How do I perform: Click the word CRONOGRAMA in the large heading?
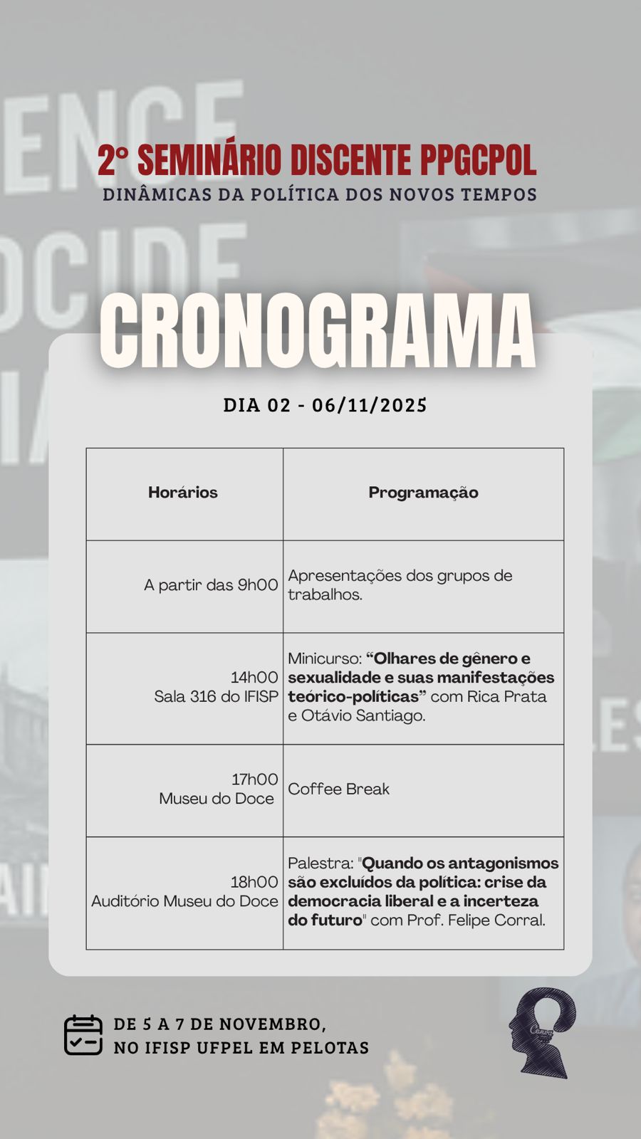(317, 331)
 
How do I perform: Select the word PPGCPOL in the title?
(477, 160)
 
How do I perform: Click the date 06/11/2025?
(370, 406)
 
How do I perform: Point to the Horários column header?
(183, 493)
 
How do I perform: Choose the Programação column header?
(423, 493)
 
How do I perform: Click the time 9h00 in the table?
(257, 585)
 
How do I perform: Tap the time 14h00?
(254, 678)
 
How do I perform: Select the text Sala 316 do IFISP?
(216, 697)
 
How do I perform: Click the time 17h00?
(254, 780)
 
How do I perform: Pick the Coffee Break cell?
(339, 789)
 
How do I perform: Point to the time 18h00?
(254, 882)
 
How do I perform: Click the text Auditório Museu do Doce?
(184, 901)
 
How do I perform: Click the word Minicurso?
(323, 658)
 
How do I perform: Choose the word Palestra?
(320, 864)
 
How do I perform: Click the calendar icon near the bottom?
(83, 1035)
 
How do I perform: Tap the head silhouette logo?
(542, 1032)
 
